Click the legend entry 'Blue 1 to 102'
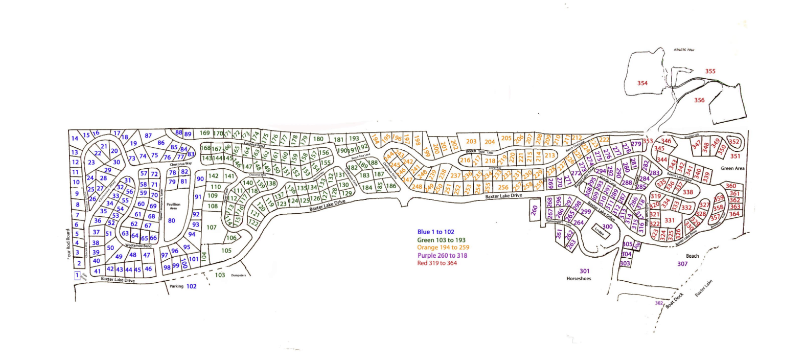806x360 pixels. [x=435, y=232]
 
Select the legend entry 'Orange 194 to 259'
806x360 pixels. [x=443, y=247]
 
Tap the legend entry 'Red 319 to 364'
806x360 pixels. [x=437, y=263]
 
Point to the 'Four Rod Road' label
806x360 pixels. [x=68, y=244]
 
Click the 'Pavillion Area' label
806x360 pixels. [x=173, y=206]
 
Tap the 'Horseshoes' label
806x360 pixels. [x=579, y=279]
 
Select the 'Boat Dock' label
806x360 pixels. [x=675, y=300]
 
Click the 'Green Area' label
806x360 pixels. [x=732, y=168]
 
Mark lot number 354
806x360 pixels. [x=642, y=83]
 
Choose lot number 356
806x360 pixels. [x=699, y=100]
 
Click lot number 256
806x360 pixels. [x=503, y=187]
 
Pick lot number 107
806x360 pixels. [x=212, y=228]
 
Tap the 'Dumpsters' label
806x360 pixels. [x=239, y=276]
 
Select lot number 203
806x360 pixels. [x=471, y=142]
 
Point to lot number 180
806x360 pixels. [x=318, y=139]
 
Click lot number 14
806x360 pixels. [x=75, y=138]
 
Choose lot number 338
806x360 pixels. [x=688, y=192]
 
